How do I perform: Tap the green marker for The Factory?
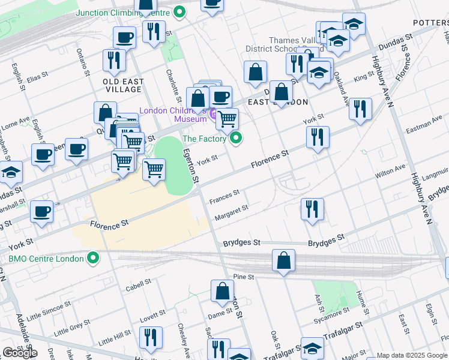(x=237, y=139)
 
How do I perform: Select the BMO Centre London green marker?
(x=92, y=259)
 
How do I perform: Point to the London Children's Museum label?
(x=173, y=115)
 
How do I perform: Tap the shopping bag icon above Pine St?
(x=283, y=261)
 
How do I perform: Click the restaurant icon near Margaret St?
(x=312, y=209)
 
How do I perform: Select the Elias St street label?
(x=37, y=77)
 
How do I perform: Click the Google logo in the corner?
(x=20, y=353)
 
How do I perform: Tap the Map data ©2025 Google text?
(x=412, y=355)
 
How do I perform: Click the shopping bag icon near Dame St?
(x=222, y=291)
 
